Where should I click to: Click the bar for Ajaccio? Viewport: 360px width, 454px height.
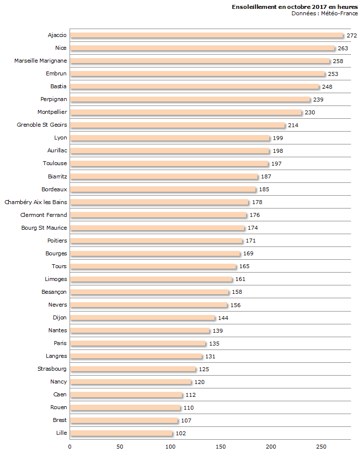coord(207,35)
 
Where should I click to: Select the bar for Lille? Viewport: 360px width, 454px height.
coord(121,433)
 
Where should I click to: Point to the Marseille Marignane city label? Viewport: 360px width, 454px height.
coord(40,61)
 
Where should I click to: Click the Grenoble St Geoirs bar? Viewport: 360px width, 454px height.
coord(178,125)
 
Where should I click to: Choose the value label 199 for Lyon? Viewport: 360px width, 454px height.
coord(278,138)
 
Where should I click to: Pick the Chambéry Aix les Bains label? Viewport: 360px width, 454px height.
coord(36,202)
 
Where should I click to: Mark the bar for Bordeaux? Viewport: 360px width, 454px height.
coord(163,189)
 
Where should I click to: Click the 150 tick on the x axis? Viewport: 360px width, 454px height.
coord(220,447)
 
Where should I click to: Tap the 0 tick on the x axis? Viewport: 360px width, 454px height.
coord(70,447)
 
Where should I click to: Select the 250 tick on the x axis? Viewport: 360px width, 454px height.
coord(321,447)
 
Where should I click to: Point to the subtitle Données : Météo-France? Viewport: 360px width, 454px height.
coord(324,13)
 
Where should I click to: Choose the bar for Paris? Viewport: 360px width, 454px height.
coord(138,344)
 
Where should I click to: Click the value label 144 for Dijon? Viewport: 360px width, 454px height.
coord(223,318)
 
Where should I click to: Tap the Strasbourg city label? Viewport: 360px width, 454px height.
coord(52,369)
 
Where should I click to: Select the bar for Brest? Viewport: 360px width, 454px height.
coord(124,420)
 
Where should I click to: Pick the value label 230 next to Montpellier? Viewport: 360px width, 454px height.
coord(310,112)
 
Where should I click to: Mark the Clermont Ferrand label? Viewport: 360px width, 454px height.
coord(43,215)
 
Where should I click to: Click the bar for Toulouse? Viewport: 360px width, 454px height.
coord(169,164)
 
